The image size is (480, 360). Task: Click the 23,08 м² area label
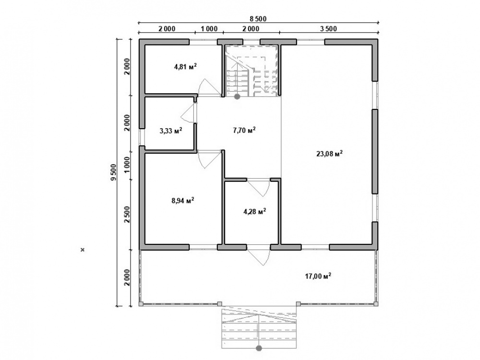pos(329,154)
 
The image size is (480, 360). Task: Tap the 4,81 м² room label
pos(185,66)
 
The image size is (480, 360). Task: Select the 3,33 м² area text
pos(171,131)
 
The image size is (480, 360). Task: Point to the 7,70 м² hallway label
pos(244,130)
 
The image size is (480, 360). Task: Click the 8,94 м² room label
pos(183,201)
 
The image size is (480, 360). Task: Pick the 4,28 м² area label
pos(255,211)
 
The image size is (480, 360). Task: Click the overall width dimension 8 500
pos(258,19)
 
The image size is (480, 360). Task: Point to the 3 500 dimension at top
pos(328,29)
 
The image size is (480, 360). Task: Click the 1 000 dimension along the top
pos(209,29)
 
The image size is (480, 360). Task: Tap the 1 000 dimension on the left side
pos(128,166)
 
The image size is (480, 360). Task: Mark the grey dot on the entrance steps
pos(259,348)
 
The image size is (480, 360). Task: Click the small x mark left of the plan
pos(83,250)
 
